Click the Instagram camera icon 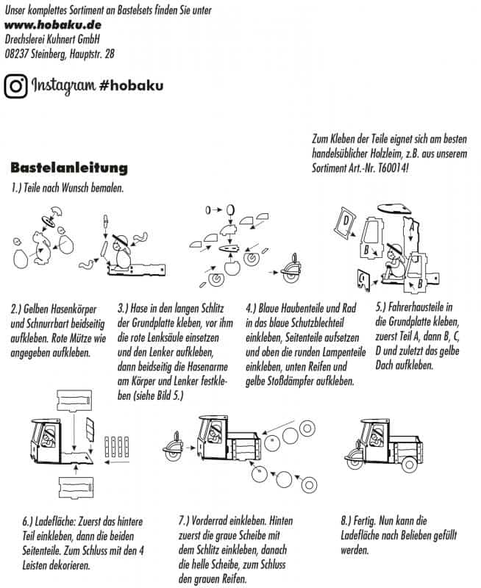15,86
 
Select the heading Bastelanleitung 69,169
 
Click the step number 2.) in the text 18,306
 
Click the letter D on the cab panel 344,221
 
